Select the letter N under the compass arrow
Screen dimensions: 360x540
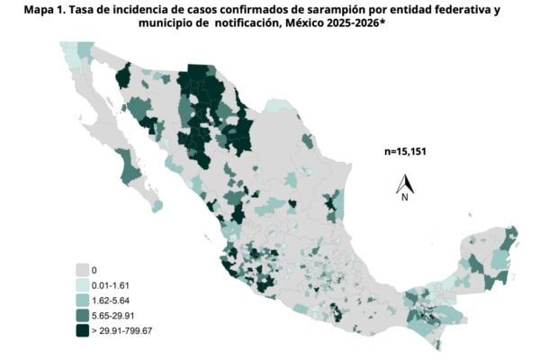click(x=406, y=194)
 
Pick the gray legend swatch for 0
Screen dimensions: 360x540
click(x=83, y=269)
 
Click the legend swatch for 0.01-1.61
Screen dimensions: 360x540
click(x=83, y=284)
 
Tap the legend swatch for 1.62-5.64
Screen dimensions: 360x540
click(x=83, y=300)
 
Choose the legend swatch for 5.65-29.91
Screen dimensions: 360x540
click(x=83, y=315)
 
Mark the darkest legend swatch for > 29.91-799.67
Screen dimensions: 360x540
click(x=83, y=330)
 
